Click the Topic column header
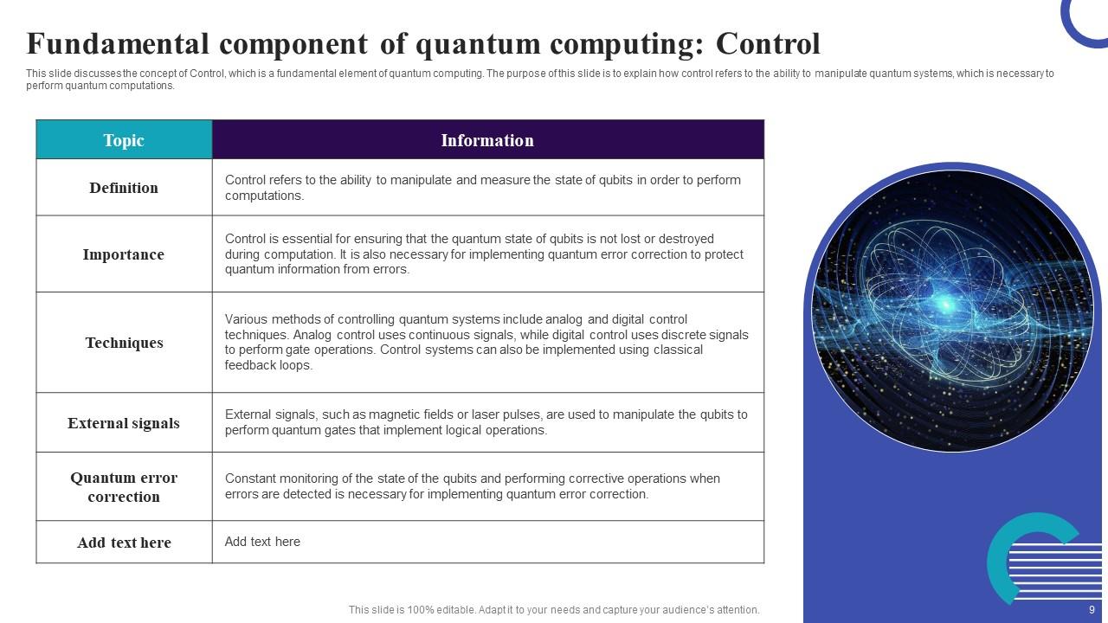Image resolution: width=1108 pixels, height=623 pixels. click(124, 140)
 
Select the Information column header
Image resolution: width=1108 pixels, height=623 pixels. click(487, 140)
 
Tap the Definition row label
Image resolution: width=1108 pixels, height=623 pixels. click(124, 188)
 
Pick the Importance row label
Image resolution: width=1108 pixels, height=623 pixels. click(124, 254)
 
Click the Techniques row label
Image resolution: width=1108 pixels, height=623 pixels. click(124, 343)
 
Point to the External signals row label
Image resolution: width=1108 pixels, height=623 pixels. click(124, 423)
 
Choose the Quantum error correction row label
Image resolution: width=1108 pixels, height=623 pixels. click(124, 487)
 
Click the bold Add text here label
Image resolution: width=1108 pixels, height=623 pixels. click(124, 543)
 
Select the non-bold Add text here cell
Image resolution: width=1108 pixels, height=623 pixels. click(262, 542)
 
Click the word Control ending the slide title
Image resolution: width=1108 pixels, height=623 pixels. click(768, 43)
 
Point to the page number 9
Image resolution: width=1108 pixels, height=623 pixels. click(1092, 610)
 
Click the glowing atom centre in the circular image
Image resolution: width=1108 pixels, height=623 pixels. click(946, 304)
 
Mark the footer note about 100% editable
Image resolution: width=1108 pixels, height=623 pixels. click(554, 610)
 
